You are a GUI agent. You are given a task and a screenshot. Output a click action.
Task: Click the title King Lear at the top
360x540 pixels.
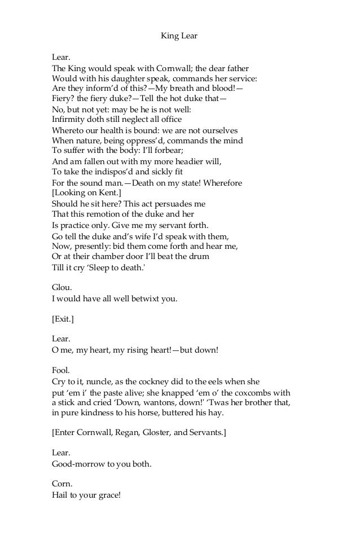pyautogui.click(x=179, y=37)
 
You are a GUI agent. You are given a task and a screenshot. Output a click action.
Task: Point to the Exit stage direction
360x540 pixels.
pyautogui.click(x=63, y=319)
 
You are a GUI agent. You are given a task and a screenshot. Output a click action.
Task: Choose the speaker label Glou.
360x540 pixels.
pyautogui.click(x=62, y=288)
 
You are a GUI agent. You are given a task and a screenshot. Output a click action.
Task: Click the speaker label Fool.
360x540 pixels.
pyautogui.click(x=60, y=370)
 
